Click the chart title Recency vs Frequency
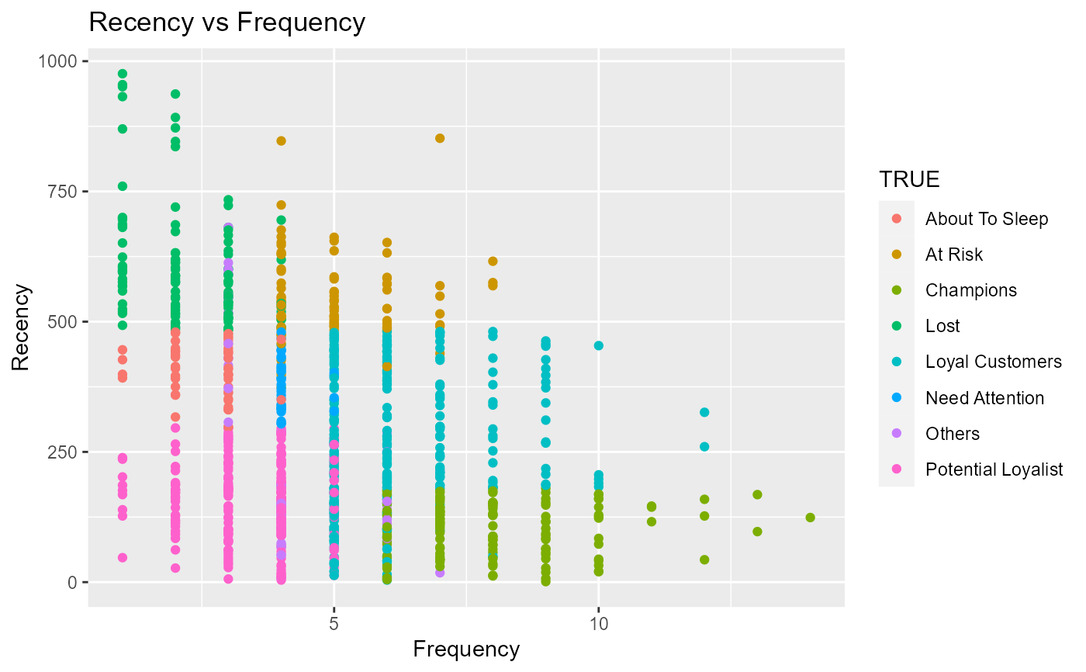(227, 23)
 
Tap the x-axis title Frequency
(466, 649)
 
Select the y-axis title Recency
(22, 327)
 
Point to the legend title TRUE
(909, 180)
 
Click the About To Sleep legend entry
(986, 219)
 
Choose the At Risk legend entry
(954, 255)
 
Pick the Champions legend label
(970, 290)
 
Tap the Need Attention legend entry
(984, 398)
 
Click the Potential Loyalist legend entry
(994, 469)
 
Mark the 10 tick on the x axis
(598, 623)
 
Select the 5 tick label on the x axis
(334, 623)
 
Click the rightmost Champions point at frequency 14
(810, 518)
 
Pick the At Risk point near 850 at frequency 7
(440, 138)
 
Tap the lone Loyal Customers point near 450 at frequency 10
(598, 345)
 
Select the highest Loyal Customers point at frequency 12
(704, 412)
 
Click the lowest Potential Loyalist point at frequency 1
(123, 557)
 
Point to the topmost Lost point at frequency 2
(175, 94)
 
